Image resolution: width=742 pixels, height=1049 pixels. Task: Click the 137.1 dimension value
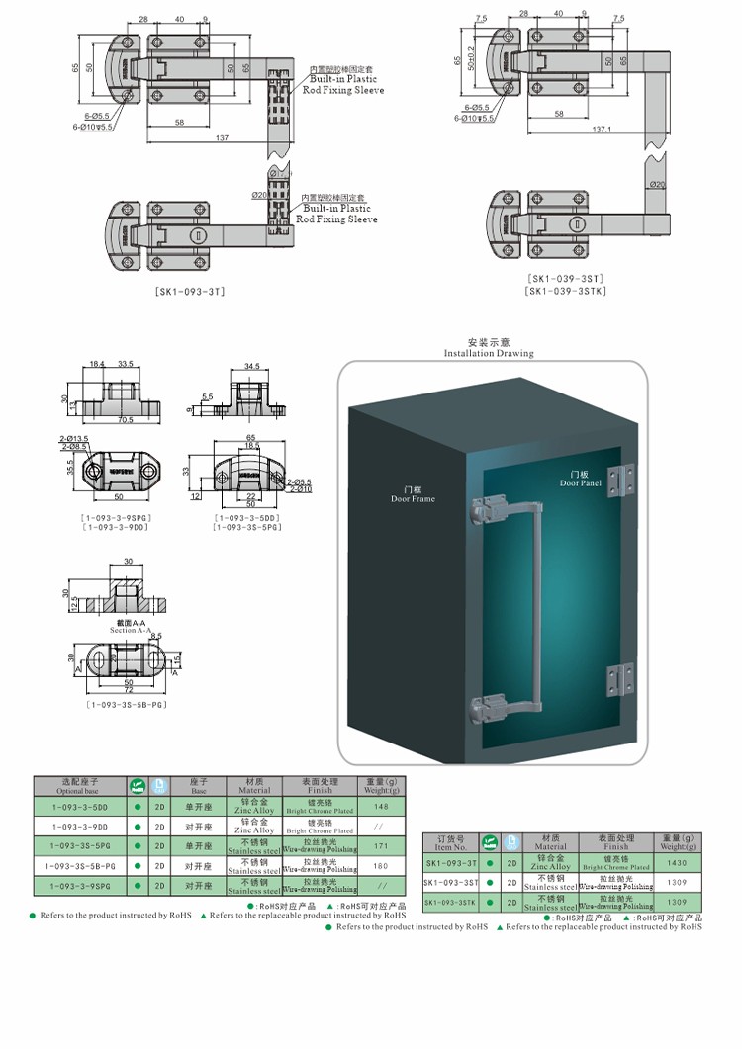602,130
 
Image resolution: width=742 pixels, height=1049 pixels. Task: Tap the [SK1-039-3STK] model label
567,290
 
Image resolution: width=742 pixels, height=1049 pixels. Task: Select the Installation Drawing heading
488,353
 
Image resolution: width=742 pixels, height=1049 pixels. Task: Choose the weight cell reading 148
381,807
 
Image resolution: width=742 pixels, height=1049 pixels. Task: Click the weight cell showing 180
381,866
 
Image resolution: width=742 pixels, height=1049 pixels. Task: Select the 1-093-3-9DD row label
80,827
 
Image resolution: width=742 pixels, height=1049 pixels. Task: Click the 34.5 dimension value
251,367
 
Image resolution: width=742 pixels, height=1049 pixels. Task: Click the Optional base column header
80,787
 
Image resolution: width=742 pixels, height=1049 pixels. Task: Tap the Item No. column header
450,842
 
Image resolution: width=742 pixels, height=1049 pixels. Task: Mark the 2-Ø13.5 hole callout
75,438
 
